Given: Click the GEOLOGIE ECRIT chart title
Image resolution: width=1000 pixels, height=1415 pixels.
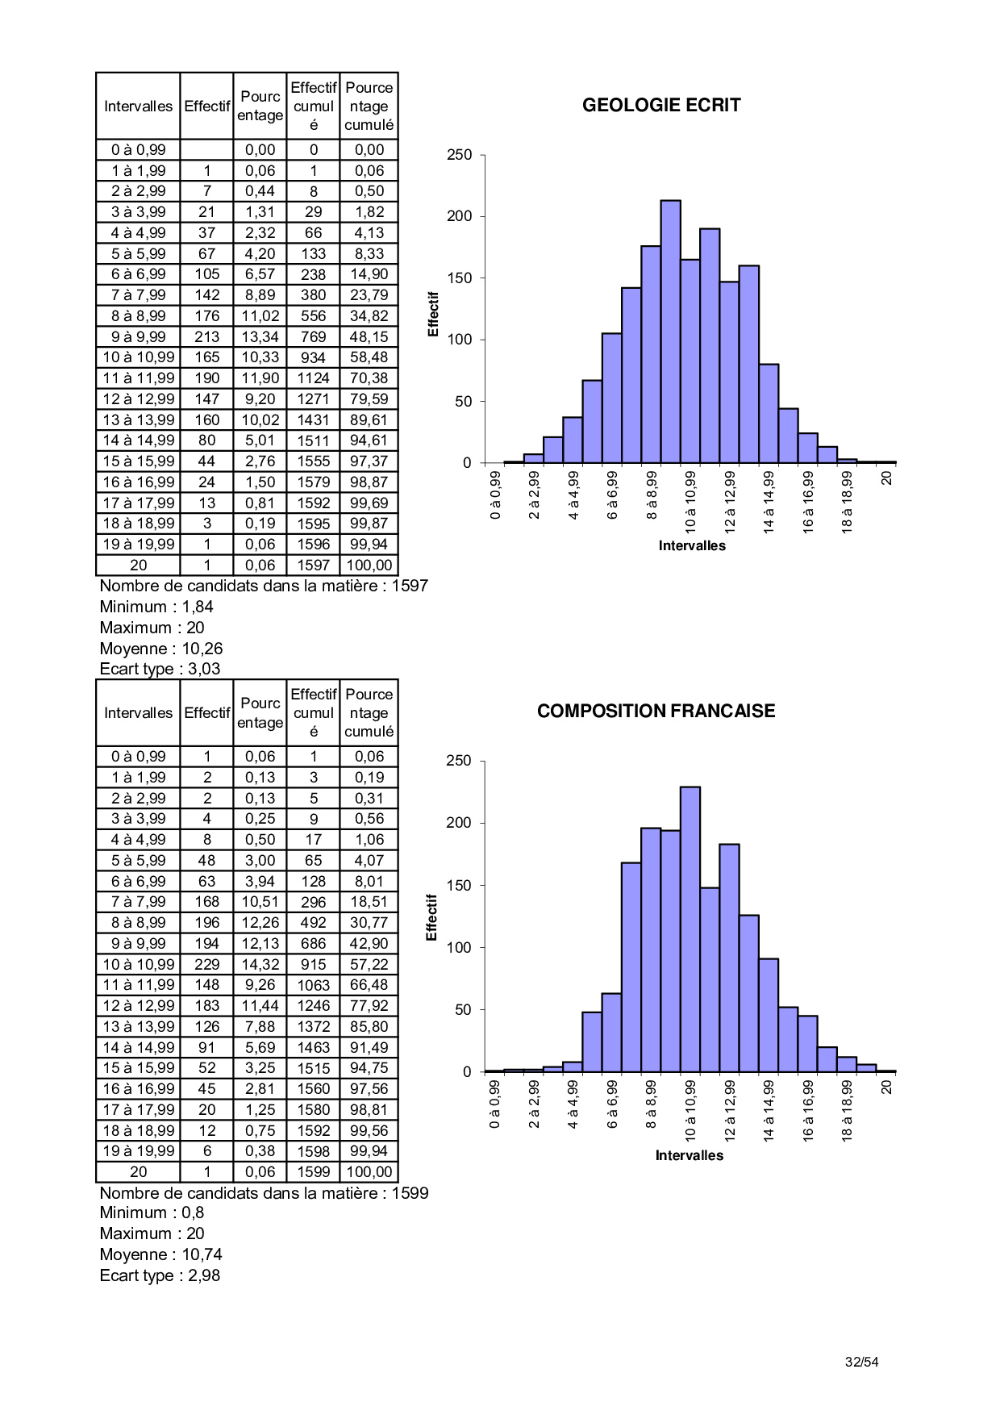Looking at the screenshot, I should pos(661,105).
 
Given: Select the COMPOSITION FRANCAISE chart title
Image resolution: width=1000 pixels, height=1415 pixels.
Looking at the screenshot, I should pos(656,711).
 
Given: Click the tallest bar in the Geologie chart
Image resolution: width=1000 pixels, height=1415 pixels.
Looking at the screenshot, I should pos(670,331).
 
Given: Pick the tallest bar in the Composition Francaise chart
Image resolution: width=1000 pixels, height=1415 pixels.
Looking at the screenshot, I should pos(690,928).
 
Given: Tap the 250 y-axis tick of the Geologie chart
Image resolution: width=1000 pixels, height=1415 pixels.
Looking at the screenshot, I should pos(460,155).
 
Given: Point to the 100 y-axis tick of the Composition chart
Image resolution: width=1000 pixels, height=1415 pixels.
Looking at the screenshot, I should pos(459,947).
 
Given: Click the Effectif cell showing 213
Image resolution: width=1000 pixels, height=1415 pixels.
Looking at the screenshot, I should pos(206,336).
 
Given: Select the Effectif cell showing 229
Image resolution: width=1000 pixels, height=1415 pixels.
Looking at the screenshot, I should pos(206,964).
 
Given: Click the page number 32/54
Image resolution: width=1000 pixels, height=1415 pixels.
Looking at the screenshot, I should pos(861,1362).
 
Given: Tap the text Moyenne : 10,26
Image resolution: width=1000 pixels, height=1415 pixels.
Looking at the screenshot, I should pos(160,649).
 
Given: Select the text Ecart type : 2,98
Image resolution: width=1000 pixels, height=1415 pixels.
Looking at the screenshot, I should pos(160,1275).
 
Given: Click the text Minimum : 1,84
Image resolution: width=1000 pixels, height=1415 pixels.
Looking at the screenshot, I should pos(156,607).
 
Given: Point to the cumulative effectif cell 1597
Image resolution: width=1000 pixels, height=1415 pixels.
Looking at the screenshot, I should pos(313,566).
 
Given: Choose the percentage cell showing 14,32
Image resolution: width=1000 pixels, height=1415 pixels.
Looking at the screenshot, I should pos(260,964).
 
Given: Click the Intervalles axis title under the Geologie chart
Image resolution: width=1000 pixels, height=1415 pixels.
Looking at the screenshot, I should pos(692,545).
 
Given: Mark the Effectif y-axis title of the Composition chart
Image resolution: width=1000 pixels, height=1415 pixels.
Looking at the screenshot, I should pos(431,917).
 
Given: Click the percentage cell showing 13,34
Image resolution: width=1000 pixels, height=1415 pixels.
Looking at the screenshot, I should pos(260,336).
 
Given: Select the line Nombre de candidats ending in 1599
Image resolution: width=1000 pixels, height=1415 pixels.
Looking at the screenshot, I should pos(264,1192).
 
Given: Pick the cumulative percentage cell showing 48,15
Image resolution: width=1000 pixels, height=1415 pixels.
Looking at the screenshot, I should pos(369,336).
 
